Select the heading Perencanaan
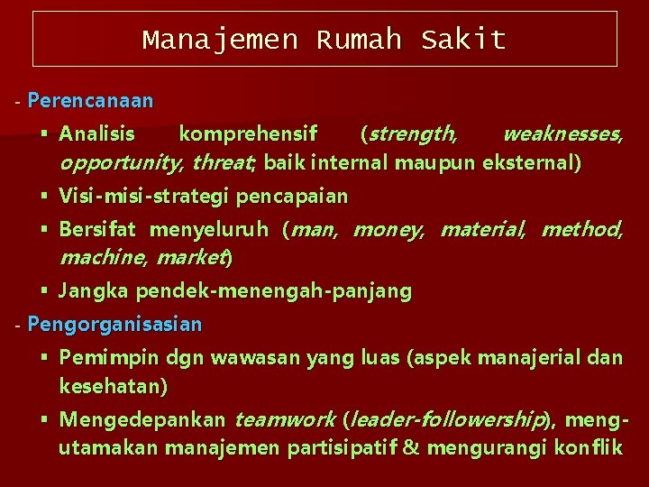(x=90, y=101)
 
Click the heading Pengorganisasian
(x=114, y=323)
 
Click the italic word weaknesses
(x=562, y=135)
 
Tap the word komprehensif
(x=248, y=135)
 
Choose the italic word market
(x=191, y=258)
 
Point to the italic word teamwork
(x=285, y=419)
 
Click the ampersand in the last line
(x=412, y=447)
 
